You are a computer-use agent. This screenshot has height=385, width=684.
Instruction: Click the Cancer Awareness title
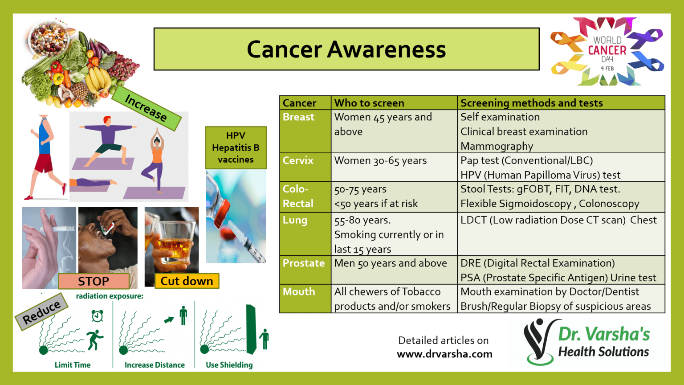(x=346, y=49)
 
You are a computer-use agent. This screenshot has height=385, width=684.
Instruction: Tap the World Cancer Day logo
(x=607, y=52)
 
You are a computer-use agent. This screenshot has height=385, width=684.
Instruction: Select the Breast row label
(x=298, y=117)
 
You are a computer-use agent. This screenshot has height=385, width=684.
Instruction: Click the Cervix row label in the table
(x=298, y=160)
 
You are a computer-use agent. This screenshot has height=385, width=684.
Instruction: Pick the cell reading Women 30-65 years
(x=380, y=161)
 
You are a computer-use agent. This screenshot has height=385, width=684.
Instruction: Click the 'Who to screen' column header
(x=369, y=103)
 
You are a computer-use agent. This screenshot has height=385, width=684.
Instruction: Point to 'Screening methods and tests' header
(x=531, y=103)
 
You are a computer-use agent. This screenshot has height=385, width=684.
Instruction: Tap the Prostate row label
(x=304, y=263)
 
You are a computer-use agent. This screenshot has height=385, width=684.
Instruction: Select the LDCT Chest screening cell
(x=558, y=220)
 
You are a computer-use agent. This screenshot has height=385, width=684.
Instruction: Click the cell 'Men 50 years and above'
(x=390, y=263)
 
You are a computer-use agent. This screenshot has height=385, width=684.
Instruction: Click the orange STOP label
(x=94, y=281)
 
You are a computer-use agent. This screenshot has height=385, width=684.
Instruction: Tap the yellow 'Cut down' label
(x=187, y=281)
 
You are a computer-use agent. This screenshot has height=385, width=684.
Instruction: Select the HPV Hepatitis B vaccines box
(x=236, y=147)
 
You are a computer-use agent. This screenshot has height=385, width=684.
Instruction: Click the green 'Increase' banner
(x=146, y=108)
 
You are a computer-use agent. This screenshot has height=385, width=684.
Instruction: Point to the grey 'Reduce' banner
(x=41, y=312)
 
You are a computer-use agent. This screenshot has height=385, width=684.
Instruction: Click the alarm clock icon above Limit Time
(x=97, y=316)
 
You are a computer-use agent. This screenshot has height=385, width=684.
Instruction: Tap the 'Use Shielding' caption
(x=229, y=365)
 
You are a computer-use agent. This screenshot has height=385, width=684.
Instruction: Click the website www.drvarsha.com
(x=444, y=354)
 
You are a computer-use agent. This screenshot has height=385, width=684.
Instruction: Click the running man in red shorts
(x=45, y=156)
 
